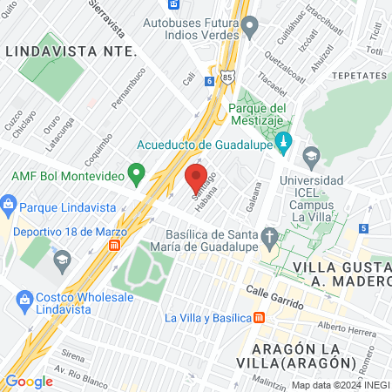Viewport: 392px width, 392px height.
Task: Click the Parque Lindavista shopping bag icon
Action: point(9,207)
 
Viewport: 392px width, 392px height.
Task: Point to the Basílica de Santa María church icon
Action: point(271,235)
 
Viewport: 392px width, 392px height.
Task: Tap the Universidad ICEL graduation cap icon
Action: point(311,157)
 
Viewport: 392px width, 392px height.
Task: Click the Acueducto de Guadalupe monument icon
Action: point(281,139)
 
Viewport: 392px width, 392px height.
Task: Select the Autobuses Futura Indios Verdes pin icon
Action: point(250,27)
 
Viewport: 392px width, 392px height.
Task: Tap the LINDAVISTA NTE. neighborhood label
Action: point(71,51)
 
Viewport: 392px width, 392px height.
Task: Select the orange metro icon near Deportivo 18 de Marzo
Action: point(114,246)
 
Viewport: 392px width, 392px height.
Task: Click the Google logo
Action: point(29,381)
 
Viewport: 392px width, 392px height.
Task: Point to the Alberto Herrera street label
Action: point(346,328)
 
